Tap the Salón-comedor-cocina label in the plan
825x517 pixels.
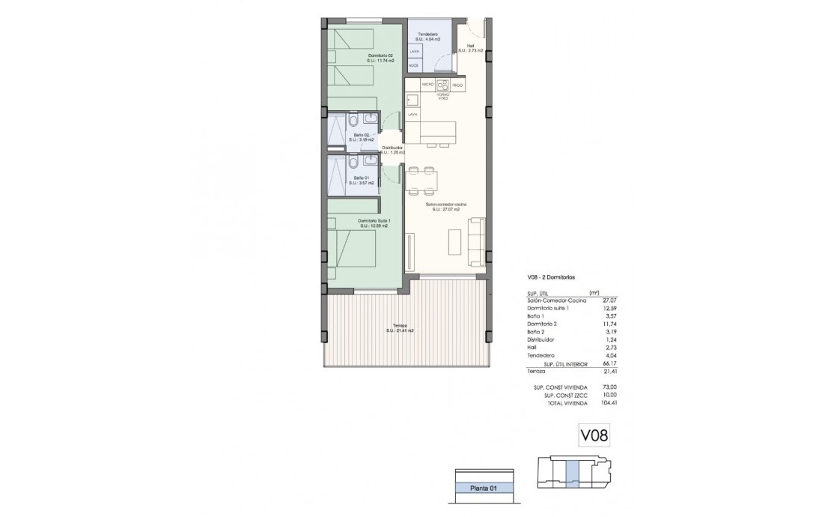click(442, 206)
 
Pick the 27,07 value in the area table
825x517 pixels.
click(618, 300)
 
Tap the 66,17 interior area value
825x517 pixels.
click(618, 363)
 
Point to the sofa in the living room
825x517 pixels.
click(475, 241)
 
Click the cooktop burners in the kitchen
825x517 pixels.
click(442, 85)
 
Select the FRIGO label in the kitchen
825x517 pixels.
click(457, 86)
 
